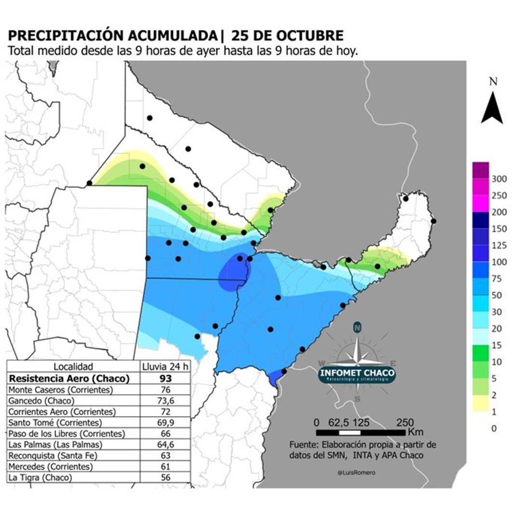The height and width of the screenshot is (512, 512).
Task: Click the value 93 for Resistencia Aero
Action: coord(165,379)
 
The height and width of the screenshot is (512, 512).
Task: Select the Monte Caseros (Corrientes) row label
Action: coord(61,390)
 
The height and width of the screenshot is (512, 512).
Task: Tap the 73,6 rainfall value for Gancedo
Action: coord(165,401)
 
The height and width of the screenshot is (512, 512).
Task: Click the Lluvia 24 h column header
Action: coord(165,367)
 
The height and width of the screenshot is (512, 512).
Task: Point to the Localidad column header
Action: coord(73,367)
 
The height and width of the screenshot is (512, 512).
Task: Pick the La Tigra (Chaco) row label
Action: coord(40,477)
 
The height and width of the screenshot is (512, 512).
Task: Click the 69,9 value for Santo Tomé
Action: coord(165,422)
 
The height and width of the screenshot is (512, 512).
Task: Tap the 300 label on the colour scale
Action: coord(499,179)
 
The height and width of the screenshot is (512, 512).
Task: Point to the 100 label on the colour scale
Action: coord(499,262)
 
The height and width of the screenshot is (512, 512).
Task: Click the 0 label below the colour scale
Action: coord(494,428)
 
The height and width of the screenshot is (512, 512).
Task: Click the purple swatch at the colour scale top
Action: coord(481,169)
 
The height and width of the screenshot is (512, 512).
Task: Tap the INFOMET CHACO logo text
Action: coord(357,373)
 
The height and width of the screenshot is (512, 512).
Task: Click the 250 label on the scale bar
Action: coord(403,422)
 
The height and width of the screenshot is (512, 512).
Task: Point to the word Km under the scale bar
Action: coord(415,431)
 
